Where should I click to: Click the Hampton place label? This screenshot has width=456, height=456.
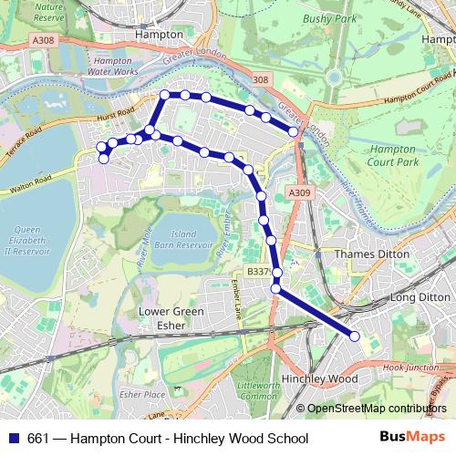click(159, 33)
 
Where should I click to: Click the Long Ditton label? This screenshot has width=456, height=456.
click(420, 297)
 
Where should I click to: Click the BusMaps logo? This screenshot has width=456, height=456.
click(414, 438)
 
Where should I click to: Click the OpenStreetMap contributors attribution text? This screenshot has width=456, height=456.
click(377, 408)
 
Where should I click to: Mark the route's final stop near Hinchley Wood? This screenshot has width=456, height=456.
click(354, 337)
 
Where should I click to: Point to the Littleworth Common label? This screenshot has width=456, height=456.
click(258, 392)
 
